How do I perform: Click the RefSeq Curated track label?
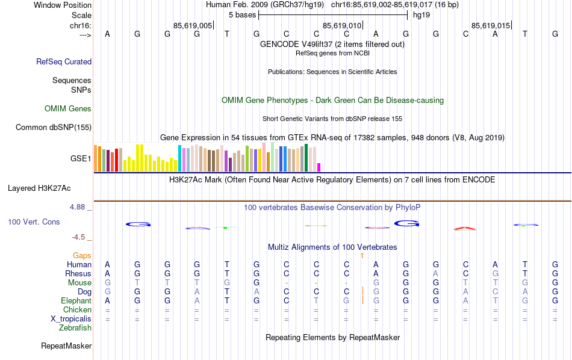pos(64,61)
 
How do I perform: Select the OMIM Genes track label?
pos(68,109)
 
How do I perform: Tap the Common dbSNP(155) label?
pos(54,127)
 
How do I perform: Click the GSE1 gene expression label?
pos(81,159)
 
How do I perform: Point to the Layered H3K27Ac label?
pos(49,188)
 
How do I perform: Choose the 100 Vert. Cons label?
pos(34,222)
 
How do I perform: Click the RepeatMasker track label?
pos(66,346)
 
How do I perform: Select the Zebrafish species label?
pos(75,328)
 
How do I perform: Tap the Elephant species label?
pos(76,300)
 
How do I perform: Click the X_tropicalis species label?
pos(72,318)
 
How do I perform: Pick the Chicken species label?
pos(76,309)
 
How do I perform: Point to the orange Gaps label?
pos(82,256)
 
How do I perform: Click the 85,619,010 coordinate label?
pos(343,25)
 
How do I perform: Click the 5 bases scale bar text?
pos(241,14)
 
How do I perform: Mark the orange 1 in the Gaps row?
pos(362,256)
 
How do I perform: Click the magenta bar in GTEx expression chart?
pos(319,167)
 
